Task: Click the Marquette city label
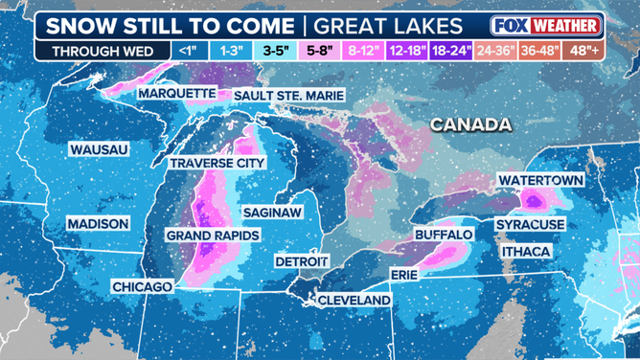point(176,94)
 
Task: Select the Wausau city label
point(98,149)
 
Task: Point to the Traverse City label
point(217,164)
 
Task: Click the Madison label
point(97,223)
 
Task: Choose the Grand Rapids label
point(209,235)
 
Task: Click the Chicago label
point(141,286)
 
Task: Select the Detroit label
point(302,260)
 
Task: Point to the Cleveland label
point(354,300)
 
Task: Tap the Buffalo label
point(444,234)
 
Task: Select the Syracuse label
point(530,224)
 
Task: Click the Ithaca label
point(525,251)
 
